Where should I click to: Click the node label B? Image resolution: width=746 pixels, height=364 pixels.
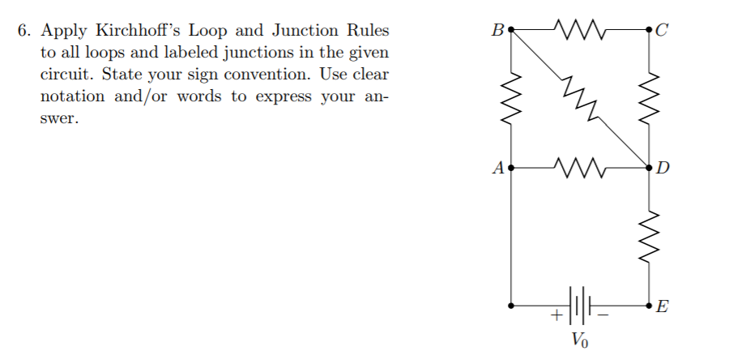click(497, 32)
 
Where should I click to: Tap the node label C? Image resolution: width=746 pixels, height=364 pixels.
click(663, 32)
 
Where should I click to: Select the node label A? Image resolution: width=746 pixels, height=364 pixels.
click(497, 169)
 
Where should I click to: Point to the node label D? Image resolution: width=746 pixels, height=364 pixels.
click(663, 169)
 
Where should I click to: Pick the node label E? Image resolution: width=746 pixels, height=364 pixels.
click(663, 307)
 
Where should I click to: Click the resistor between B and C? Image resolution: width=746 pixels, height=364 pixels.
click(580, 32)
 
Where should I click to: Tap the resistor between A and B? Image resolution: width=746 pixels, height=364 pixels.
click(511, 100)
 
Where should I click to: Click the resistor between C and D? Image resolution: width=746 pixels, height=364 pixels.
click(650, 100)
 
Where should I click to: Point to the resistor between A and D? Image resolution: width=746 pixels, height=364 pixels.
click(580, 169)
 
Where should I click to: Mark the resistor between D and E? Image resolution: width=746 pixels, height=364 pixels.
click(650, 237)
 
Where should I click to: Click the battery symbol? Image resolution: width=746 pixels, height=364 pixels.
click(580, 306)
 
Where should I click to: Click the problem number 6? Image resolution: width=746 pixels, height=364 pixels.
click(25, 32)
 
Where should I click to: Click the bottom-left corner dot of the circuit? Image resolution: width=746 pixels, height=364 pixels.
click(511, 306)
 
